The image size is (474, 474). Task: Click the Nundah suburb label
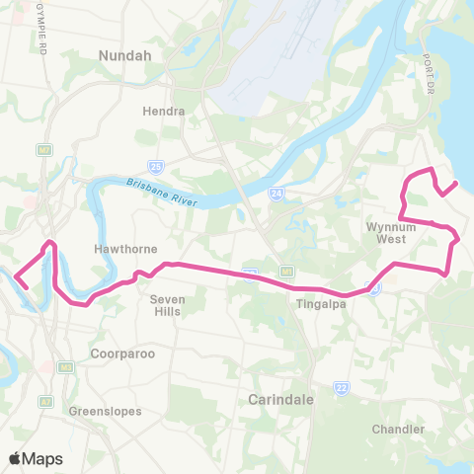pos(124,56)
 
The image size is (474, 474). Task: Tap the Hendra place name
pos(163,111)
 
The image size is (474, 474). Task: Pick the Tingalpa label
pos(318,304)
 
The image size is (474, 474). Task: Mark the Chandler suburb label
pos(398,429)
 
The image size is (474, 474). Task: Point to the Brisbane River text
pos(163,191)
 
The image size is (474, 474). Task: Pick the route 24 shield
pos(278,195)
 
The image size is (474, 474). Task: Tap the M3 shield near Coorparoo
pos(66,367)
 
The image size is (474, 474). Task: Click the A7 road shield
pos(45,403)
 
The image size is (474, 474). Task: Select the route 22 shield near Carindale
pos(341,387)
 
